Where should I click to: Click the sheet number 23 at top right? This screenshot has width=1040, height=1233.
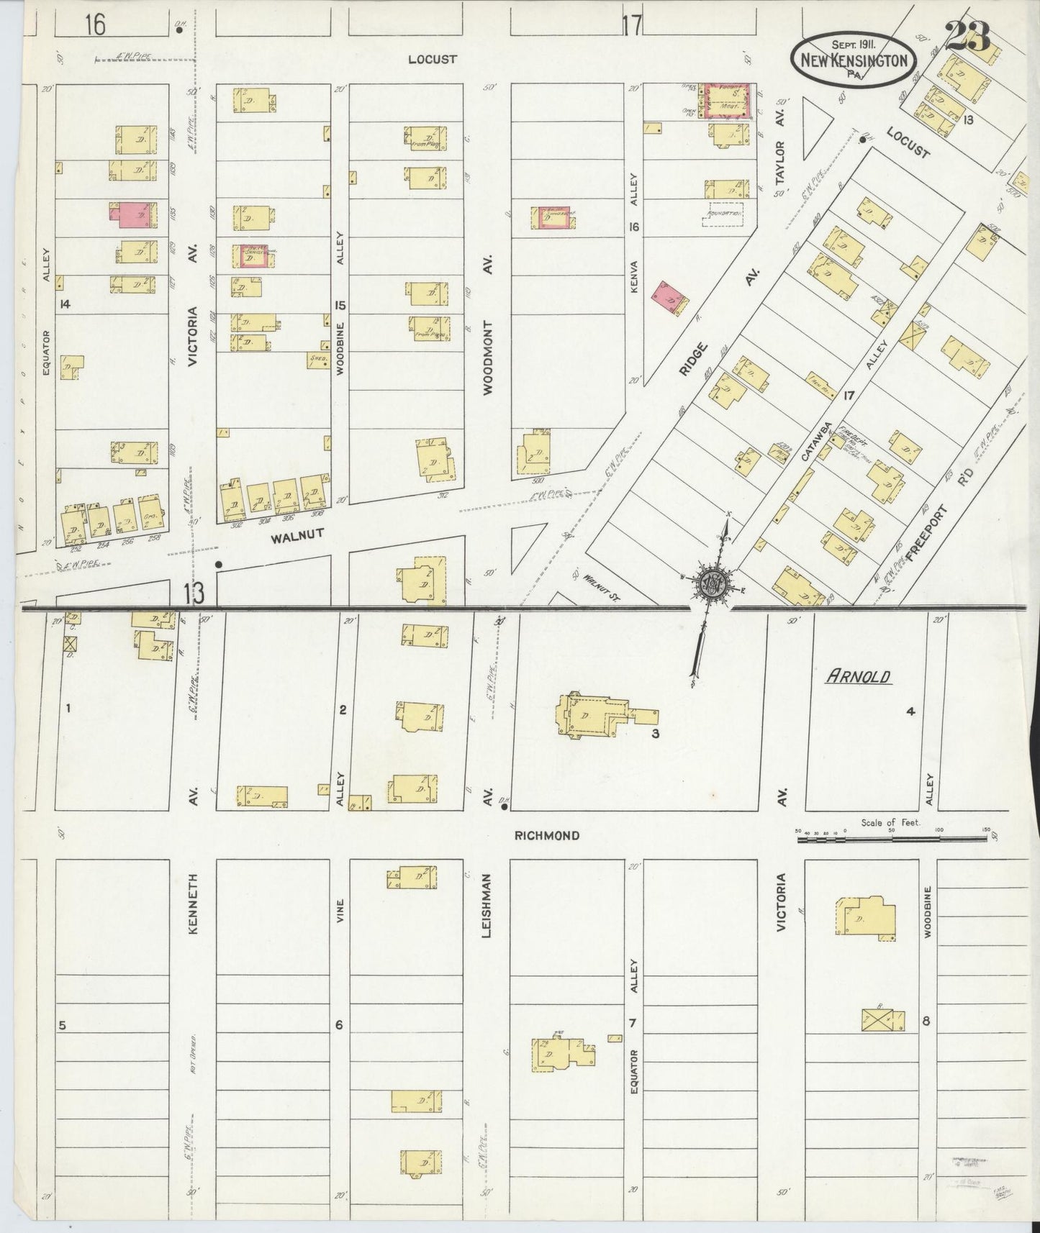tap(968, 36)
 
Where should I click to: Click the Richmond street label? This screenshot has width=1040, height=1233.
tap(547, 836)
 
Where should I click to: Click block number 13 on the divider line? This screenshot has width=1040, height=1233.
tap(194, 593)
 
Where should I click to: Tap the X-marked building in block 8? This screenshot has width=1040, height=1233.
tap(882, 1020)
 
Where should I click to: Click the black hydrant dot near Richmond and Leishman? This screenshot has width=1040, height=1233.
tap(505, 806)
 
